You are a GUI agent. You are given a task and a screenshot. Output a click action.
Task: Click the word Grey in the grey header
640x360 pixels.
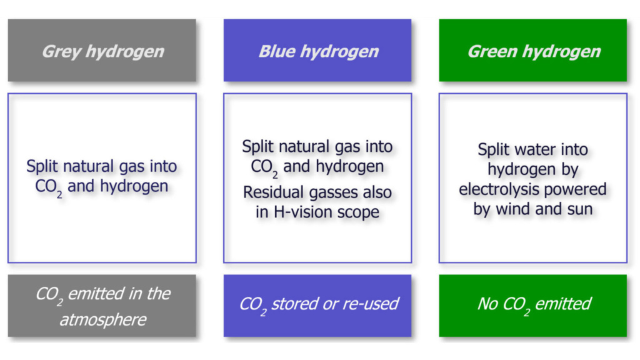click(x=61, y=52)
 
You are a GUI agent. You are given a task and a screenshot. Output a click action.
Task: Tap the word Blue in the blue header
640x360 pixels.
click(x=277, y=51)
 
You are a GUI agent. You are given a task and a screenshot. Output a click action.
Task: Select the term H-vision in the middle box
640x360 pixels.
click(x=297, y=212)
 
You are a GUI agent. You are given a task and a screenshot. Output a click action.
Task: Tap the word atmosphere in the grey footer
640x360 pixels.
click(x=103, y=319)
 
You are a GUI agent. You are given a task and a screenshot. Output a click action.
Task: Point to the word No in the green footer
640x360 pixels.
click(x=487, y=304)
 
